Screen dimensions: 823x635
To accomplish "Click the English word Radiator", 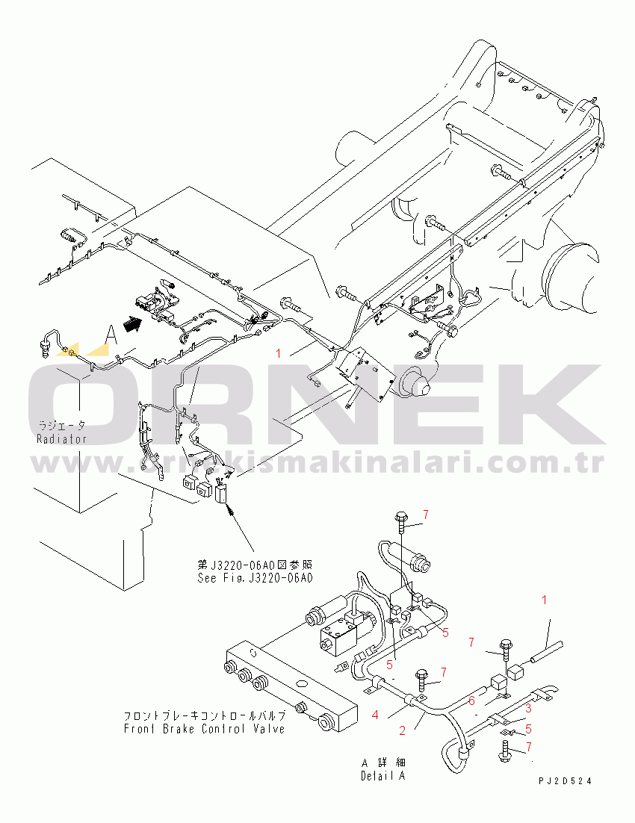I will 61,439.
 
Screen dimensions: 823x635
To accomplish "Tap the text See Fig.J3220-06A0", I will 254,578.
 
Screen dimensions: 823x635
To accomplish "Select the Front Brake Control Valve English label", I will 204,729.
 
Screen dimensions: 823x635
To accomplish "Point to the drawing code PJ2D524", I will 565,780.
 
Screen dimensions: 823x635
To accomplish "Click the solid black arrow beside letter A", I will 131,326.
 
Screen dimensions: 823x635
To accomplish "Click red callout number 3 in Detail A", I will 527,707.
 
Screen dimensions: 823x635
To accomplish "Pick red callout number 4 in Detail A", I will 376,715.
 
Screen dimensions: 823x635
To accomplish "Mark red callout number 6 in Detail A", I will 471,700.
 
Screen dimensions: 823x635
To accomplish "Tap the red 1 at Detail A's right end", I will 544,600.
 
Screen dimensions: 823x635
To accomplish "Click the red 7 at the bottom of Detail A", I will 529,746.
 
